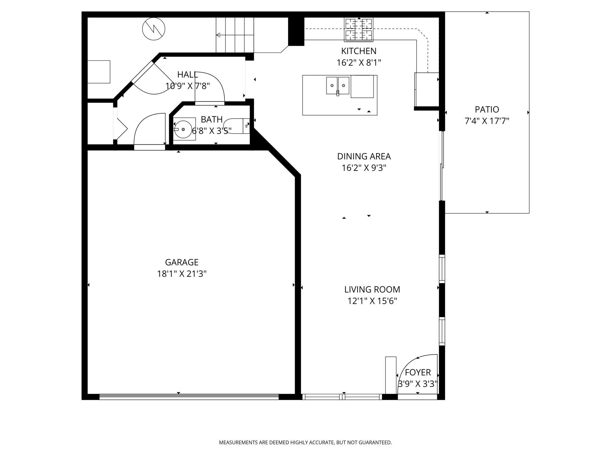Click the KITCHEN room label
pyautogui.click(x=358, y=51)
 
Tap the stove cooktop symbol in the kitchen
pyautogui.click(x=358, y=29)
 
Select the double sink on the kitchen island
pyautogui.click(x=338, y=85)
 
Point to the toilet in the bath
pyautogui.click(x=238, y=126)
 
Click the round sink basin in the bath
pyautogui.click(x=183, y=129)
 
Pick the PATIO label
pyautogui.click(x=487, y=110)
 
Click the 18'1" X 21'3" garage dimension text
pyautogui.click(x=182, y=274)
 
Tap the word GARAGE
pyautogui.click(x=182, y=262)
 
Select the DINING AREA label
pyautogui.click(x=364, y=156)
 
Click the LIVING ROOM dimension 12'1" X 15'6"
pyautogui.click(x=372, y=301)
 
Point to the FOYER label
pyautogui.click(x=418, y=372)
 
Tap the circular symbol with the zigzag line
pyautogui.click(x=154, y=29)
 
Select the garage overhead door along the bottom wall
pyautogui.click(x=189, y=397)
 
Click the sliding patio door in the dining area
pyautogui.click(x=442, y=166)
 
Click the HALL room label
pyautogui.click(x=187, y=75)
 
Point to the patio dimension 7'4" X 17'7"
pyautogui.click(x=487, y=121)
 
